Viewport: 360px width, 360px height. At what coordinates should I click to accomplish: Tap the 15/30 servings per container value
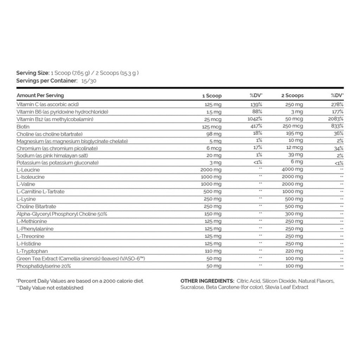(90, 81)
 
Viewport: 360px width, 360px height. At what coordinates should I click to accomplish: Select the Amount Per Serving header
(40, 95)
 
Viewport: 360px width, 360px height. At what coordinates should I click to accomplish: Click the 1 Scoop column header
(212, 96)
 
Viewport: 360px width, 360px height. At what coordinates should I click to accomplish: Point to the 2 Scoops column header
(292, 95)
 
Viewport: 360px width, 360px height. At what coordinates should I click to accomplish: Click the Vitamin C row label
(47, 104)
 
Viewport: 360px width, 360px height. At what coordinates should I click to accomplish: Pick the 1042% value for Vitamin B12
(255, 119)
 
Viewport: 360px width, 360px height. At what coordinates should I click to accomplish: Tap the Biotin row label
(23, 126)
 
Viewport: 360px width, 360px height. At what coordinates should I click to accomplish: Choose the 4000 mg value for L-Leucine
(292, 169)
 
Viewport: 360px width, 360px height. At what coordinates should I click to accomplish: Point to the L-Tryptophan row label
(32, 251)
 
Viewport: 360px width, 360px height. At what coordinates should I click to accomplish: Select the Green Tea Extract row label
(81, 259)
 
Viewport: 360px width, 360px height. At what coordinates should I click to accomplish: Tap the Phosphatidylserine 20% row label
(44, 266)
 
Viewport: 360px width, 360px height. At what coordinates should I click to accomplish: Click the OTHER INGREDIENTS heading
(207, 281)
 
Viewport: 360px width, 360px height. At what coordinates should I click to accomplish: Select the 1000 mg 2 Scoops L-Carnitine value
(292, 192)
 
